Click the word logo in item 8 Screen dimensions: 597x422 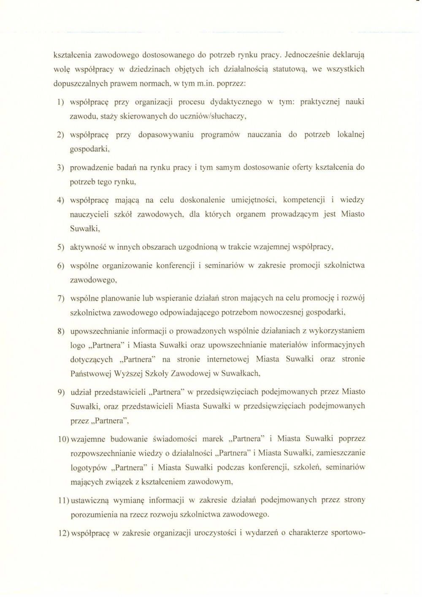(77, 345)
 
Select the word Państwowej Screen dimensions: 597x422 (88, 374)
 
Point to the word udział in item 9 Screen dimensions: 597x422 (81, 392)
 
